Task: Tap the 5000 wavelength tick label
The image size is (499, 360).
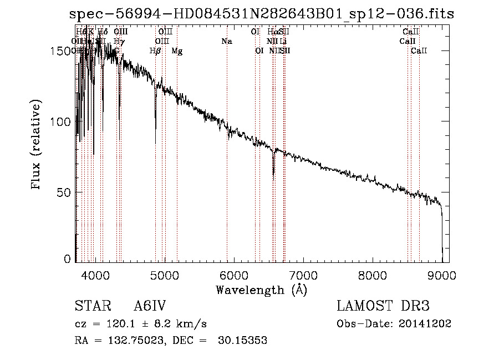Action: click(165, 275)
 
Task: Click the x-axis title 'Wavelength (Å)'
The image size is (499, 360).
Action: click(261, 290)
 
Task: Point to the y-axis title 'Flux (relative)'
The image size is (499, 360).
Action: click(37, 146)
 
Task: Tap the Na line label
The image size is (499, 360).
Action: click(226, 42)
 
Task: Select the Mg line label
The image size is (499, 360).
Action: click(177, 51)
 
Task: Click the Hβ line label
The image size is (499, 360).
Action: click(155, 51)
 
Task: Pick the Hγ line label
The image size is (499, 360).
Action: click(119, 42)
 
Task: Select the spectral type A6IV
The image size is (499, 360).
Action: click(150, 306)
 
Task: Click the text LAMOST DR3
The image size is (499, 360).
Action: click(383, 306)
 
